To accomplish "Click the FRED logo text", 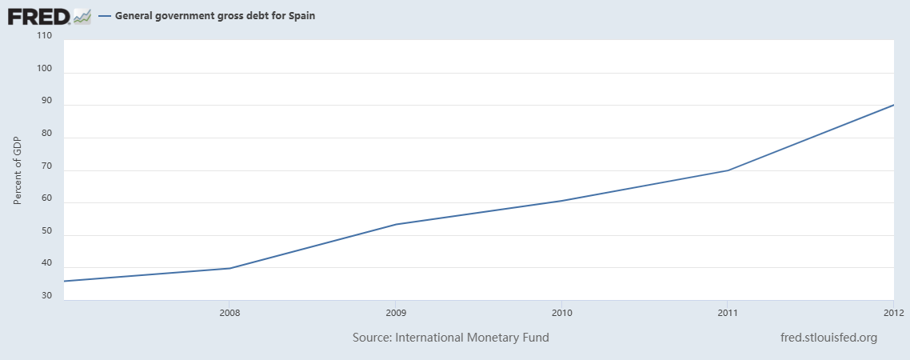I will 38,15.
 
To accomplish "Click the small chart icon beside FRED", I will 82,15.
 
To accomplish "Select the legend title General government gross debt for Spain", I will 215,15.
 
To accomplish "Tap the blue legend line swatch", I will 104,15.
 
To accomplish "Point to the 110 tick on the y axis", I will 44,36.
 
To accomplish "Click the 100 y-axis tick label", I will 44,69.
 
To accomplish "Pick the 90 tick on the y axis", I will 46,102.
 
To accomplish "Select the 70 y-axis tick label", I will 46,166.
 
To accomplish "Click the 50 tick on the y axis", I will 46,231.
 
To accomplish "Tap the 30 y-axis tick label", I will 46,296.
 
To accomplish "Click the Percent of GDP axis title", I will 17,170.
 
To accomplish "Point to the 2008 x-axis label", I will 229,312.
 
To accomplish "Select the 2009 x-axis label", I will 396,312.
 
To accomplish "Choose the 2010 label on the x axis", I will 561,312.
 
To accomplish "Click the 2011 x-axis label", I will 728,312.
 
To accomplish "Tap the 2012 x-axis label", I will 893,312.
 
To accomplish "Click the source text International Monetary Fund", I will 451,338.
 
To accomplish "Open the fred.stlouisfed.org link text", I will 828,338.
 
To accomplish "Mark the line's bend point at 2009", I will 396,224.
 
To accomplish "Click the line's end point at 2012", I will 893,105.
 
